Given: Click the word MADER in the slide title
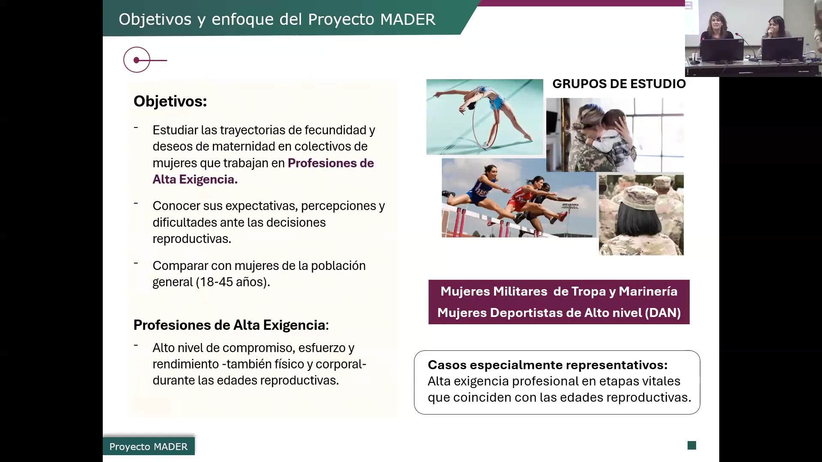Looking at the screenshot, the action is click(408, 19).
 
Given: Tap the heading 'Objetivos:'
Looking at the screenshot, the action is click(170, 101).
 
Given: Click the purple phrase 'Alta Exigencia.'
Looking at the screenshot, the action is click(195, 179).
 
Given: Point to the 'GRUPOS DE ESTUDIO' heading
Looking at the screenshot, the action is click(619, 84).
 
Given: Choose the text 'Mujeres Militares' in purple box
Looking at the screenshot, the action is click(494, 291).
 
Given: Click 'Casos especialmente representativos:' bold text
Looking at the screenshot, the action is click(548, 365).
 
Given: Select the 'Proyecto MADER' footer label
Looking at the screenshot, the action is click(149, 447).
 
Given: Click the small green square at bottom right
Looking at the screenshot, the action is click(692, 445).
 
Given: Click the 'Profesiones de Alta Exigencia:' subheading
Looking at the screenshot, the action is click(231, 325).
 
